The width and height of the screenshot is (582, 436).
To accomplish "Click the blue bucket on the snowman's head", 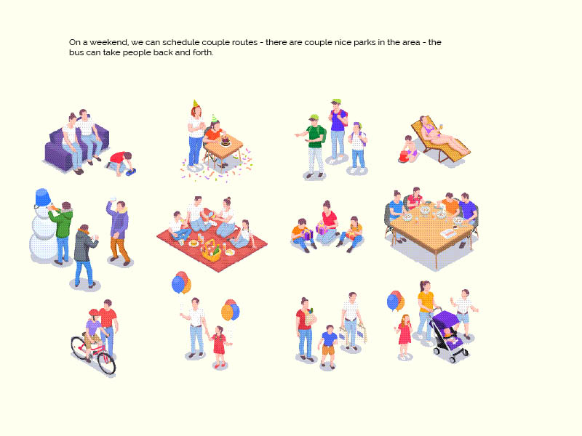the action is [43, 197].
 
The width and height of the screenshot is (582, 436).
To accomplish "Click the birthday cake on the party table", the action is [226, 141].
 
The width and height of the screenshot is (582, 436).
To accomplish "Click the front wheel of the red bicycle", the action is [107, 363].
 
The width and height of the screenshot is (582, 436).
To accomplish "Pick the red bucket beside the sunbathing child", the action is [403, 156].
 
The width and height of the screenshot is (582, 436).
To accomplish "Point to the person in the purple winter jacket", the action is [119, 232].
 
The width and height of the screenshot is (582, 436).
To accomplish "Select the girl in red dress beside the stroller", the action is [404, 336].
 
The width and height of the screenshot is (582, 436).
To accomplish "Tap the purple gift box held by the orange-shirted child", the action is [307, 234].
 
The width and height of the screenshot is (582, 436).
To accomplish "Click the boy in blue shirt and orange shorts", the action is [329, 347].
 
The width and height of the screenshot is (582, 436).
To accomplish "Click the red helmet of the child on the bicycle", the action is [94, 312].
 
